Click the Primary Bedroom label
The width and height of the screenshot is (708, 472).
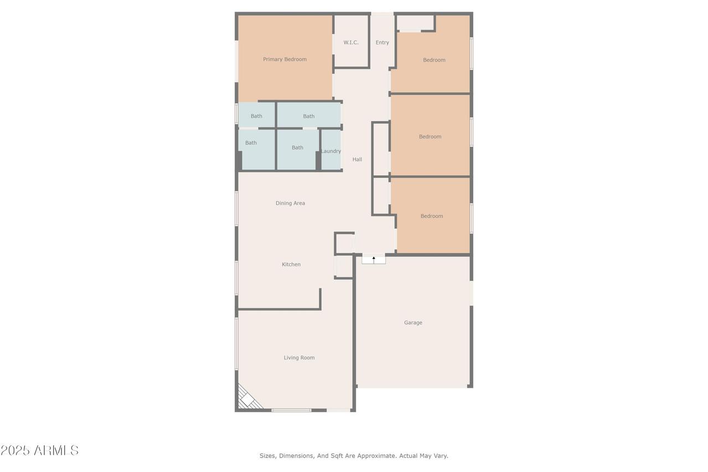pyautogui.click(x=285, y=59)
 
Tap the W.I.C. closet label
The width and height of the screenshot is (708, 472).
pyautogui.click(x=351, y=43)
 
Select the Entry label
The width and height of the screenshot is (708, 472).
pyautogui.click(x=383, y=43)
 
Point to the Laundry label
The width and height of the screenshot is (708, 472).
pyautogui.click(x=331, y=151)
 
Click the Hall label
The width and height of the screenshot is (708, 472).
pyautogui.click(x=357, y=159)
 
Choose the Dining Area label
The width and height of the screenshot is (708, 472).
pyautogui.click(x=290, y=203)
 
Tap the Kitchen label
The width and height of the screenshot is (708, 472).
pyautogui.click(x=291, y=264)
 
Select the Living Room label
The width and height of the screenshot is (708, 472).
pyautogui.click(x=299, y=357)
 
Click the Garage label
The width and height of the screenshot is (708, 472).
pyautogui.click(x=413, y=323)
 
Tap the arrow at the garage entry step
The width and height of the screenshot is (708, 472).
pyautogui.click(x=374, y=259)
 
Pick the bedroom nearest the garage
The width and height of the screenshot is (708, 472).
pyautogui.click(x=431, y=216)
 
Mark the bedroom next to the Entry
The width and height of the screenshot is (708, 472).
pyautogui.click(x=434, y=60)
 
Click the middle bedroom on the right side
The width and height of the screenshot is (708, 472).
pyautogui.click(x=430, y=137)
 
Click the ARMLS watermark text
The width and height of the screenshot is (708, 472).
pyautogui.click(x=39, y=450)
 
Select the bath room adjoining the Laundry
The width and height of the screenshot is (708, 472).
pyautogui.click(x=297, y=148)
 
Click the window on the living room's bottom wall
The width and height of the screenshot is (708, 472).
pyautogui.click(x=291, y=410)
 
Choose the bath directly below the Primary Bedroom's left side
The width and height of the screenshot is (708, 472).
pyautogui.click(x=256, y=116)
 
